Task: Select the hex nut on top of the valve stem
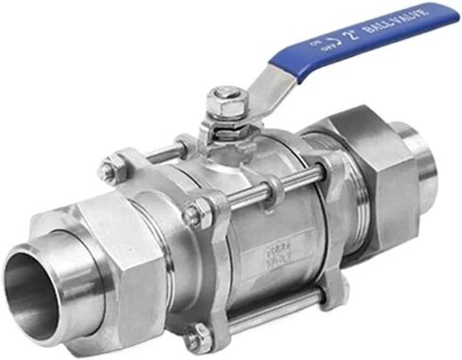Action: tap(224, 96)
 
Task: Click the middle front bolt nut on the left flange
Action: tap(196, 215)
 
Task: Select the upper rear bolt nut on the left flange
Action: tap(111, 171)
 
